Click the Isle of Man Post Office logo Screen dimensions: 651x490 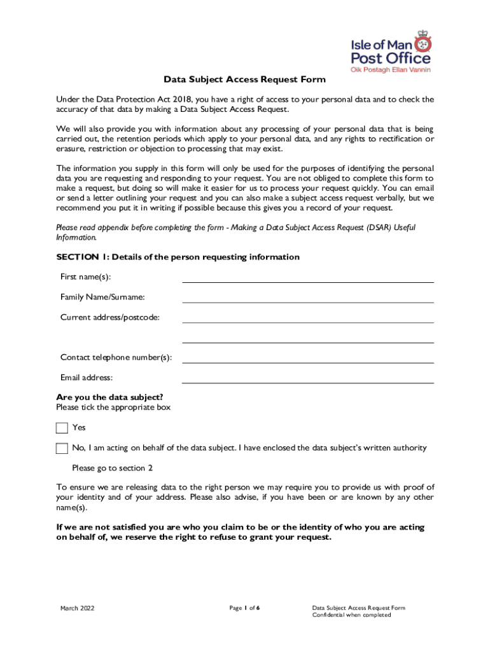point(391,51)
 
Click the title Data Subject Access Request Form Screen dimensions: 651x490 point(245,79)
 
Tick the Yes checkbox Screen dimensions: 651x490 point(62,428)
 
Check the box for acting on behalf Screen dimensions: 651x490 point(62,448)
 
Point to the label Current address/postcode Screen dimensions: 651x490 point(110,317)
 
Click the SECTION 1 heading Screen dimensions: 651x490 point(178,257)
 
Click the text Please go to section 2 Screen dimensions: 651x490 point(113,468)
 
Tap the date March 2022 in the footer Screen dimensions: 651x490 point(77,608)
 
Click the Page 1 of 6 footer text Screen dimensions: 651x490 point(244,608)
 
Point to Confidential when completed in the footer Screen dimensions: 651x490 point(352,615)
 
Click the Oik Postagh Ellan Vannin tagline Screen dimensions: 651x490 point(391,69)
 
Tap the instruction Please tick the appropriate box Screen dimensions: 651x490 point(113,407)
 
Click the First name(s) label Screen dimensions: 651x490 point(90,277)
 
